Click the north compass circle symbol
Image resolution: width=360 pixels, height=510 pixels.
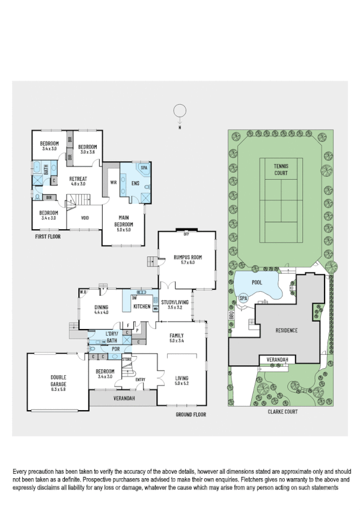pyautogui.click(x=178, y=111)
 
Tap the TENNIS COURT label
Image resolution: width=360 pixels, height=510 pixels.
pyautogui.click(x=281, y=170)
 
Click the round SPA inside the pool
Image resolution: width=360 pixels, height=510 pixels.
pyautogui.click(x=243, y=298)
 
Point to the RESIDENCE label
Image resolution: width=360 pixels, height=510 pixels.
pyautogui.click(x=286, y=330)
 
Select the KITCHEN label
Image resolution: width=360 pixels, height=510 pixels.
pyautogui.click(x=142, y=307)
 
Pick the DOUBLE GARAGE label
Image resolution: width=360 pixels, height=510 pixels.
pyautogui.click(x=58, y=381)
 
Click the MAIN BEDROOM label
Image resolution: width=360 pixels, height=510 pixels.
pyautogui.click(x=123, y=223)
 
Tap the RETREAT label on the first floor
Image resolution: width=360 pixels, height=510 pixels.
pyautogui.click(x=78, y=179)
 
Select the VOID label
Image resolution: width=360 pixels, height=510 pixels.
pyautogui.click(x=85, y=218)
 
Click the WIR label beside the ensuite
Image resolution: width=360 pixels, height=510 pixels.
pyautogui.click(x=113, y=182)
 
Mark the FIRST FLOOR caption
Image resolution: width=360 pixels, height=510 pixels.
pyautogui.click(x=47, y=236)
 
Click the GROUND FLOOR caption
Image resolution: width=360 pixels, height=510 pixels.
pyautogui.click(x=191, y=415)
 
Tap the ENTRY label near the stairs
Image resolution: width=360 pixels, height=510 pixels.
pyautogui.click(x=140, y=379)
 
